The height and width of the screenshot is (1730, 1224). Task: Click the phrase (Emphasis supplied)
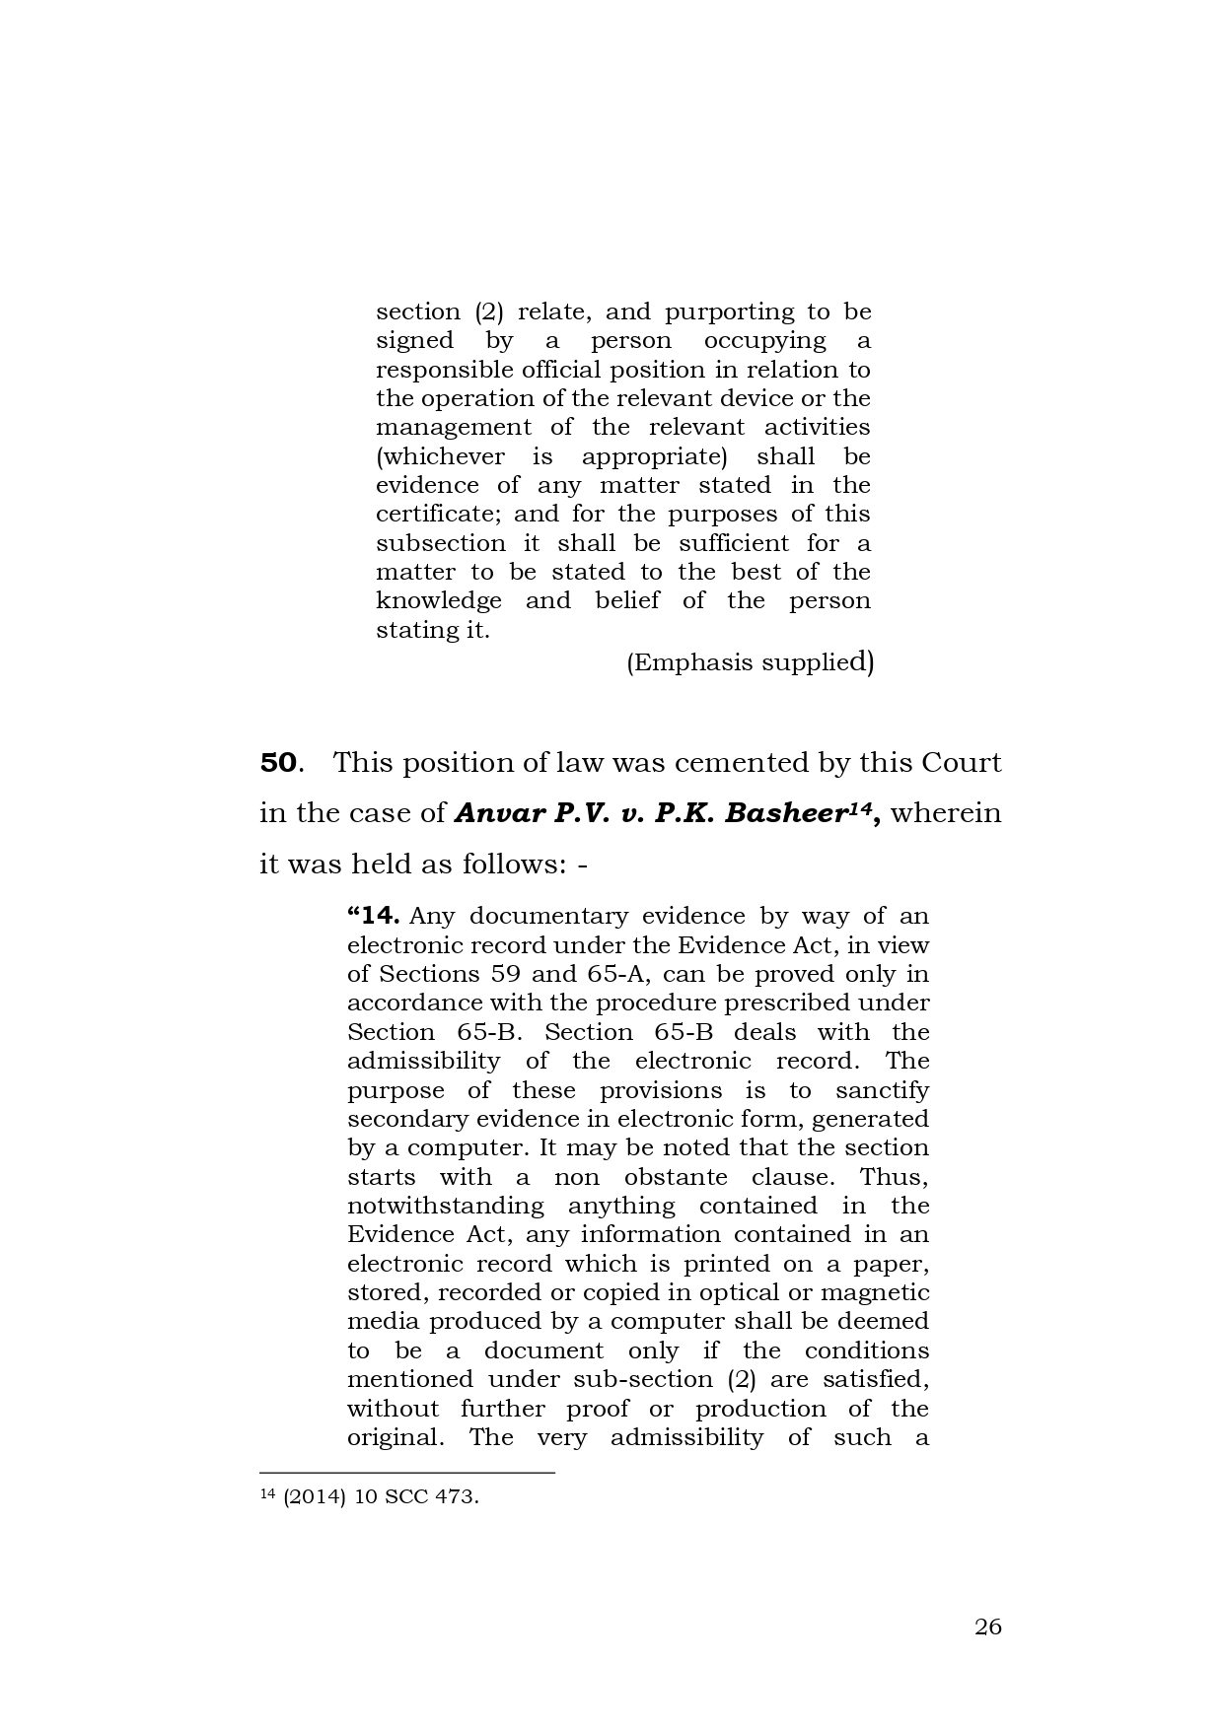750,661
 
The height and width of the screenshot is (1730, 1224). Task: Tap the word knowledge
439,600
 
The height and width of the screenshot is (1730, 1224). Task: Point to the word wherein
946,813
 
